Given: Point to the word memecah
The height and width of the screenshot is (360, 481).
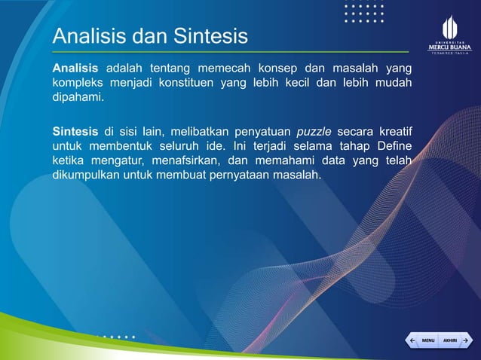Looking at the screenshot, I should (x=240, y=69).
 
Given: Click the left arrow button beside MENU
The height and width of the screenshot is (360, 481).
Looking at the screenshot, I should (x=412, y=340).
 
